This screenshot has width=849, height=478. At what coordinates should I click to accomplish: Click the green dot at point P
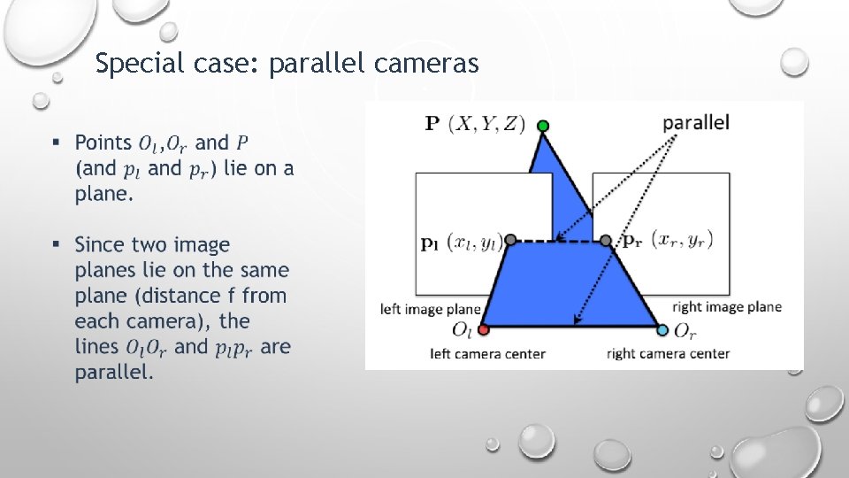[543, 127]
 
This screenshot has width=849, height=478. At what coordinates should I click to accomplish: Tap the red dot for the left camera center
[483, 330]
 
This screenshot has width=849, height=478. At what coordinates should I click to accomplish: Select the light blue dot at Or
[663, 330]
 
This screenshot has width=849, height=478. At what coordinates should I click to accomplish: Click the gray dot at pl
[510, 240]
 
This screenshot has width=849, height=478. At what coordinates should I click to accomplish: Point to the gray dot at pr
[606, 240]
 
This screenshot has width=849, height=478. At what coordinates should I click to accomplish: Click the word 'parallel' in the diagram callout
[696, 122]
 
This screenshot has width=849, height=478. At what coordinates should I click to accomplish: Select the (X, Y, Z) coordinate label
[487, 123]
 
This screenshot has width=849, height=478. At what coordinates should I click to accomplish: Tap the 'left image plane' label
[431, 309]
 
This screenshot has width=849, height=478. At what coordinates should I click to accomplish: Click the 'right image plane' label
[727, 307]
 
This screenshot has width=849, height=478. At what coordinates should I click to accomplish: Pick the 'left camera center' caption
[487, 354]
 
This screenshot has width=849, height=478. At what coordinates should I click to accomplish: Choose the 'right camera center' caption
[668, 354]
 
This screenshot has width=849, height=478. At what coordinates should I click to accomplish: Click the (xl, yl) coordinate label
[474, 241]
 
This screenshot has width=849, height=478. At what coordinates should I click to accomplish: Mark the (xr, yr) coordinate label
[682, 239]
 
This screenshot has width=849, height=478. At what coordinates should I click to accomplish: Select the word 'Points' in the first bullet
[103, 143]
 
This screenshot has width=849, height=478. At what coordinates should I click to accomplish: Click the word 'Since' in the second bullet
[99, 244]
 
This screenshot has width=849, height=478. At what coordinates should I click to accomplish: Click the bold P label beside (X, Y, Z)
[432, 123]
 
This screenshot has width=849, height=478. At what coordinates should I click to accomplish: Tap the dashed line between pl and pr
[558, 240]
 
